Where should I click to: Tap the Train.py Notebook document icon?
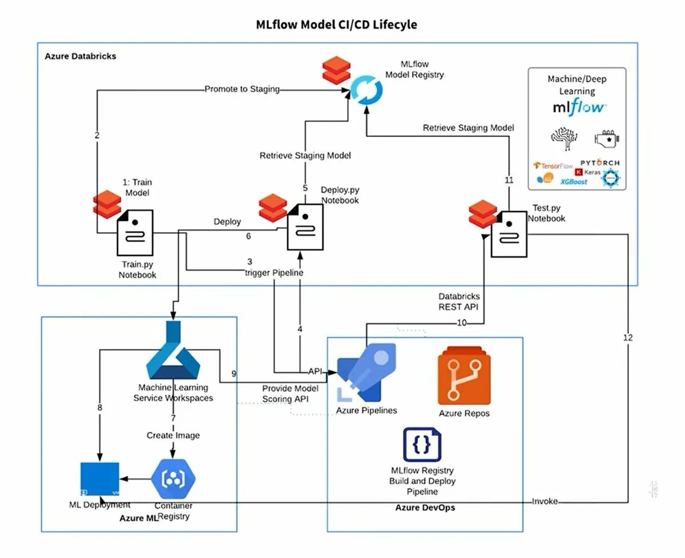pyautogui.click(x=135, y=232)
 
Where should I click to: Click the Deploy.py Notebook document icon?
pyautogui.click(x=304, y=227)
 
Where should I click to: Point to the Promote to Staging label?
pyautogui.click(x=242, y=89)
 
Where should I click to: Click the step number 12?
pyautogui.click(x=628, y=338)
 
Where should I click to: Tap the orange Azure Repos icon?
pyautogui.click(x=464, y=375)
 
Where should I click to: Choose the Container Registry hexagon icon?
pyautogui.click(x=174, y=478)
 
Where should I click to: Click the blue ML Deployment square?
pyautogui.click(x=100, y=478)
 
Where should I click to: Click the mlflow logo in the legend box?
pyautogui.click(x=579, y=107)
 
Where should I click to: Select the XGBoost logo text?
pyautogui.click(x=574, y=181)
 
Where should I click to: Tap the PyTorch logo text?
pyautogui.click(x=599, y=163)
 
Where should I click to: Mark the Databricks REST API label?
pyautogui.click(x=459, y=301)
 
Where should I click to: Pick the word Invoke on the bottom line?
pyautogui.click(x=545, y=502)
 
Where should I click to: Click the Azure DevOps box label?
pyautogui.click(x=425, y=507)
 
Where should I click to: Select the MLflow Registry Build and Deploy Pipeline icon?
pyautogui.click(x=422, y=444)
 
